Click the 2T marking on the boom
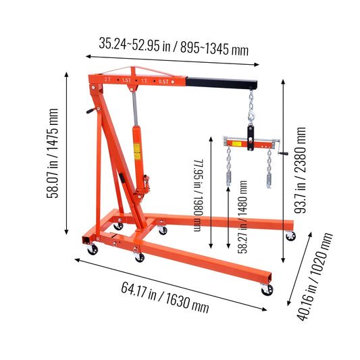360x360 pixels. coord(108,79)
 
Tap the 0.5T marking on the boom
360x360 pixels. coord(163,81)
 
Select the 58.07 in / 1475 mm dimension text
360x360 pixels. coord(53,153)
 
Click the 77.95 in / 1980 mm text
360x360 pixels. coord(198,196)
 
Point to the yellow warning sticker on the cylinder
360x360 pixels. coord(136,156)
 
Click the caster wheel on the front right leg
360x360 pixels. coord(267,288)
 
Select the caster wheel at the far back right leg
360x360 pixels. coord(290,236)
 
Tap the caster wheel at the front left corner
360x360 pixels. coord(92,249)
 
